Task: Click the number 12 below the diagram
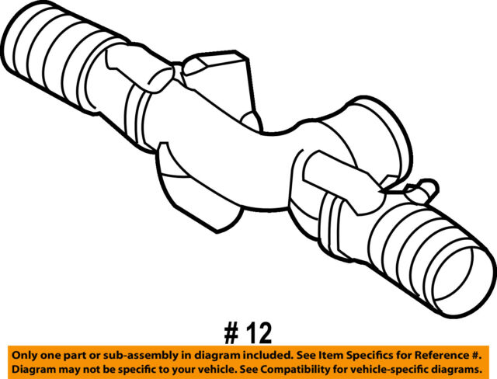(259, 333)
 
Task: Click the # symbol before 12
(231, 333)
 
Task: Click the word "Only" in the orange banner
(23, 355)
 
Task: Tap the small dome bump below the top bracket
(252, 122)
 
